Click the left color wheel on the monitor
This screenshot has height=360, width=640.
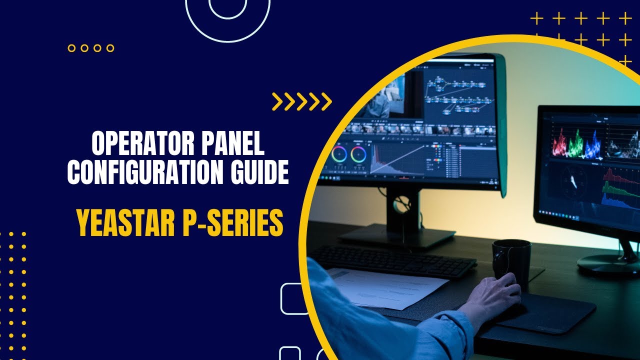click(338, 154)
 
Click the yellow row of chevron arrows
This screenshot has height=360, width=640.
click(302, 101)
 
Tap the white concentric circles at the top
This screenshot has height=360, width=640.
click(227, 12)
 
